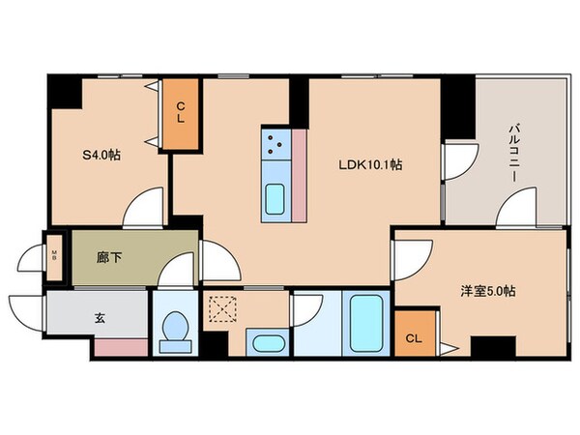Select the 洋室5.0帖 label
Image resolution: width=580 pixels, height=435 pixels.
click(x=486, y=291)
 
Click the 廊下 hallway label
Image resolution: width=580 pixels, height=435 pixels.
click(x=109, y=258)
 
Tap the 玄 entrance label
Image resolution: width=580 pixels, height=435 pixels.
click(x=100, y=315)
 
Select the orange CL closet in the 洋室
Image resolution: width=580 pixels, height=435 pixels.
click(x=414, y=337)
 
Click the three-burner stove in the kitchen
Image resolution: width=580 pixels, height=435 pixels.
click(x=275, y=147)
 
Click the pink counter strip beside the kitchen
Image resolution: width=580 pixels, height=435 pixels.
click(x=299, y=174)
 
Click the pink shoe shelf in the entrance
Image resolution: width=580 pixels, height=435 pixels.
click(x=120, y=346)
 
